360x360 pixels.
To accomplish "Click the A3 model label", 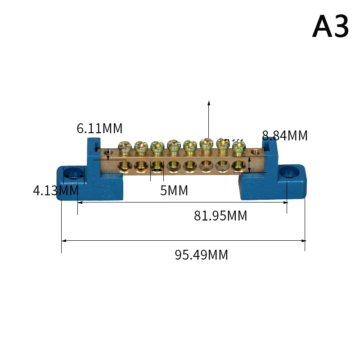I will pos(330,27).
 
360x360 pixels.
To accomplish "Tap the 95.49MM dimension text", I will pos(201,255).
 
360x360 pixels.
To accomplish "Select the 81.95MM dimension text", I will pos(220,216).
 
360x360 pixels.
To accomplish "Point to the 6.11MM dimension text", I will pos(99,129).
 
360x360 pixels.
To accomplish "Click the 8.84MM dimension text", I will pos(285,135).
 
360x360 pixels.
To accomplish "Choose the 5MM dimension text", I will pos(174,191).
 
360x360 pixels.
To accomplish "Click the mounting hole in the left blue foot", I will pos(74,173).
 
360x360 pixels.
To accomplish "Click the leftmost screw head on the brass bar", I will pos(124,145).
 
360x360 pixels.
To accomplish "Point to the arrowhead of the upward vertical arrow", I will pos(209,102).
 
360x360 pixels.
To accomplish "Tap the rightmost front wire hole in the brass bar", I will pos(238,167).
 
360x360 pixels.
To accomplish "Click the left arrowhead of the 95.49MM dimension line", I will pos(63,241).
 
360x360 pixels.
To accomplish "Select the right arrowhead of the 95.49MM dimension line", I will pos(303,241).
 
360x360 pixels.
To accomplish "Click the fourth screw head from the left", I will pos(173,145).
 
